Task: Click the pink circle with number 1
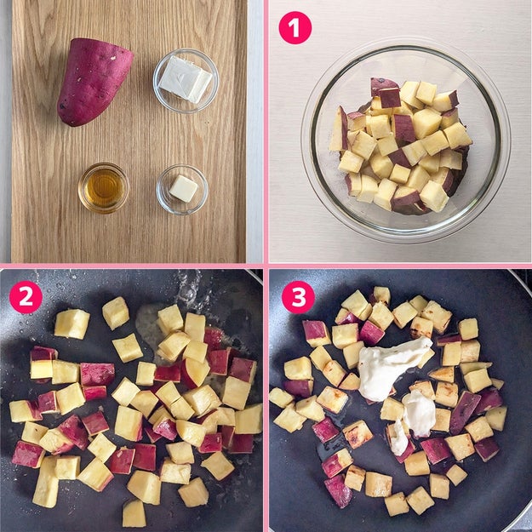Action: click(x=295, y=27)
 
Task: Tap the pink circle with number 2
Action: click(x=26, y=296)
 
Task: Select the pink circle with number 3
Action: click(x=299, y=297)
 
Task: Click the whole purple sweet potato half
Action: click(x=94, y=82)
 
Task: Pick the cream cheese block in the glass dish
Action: click(x=186, y=79)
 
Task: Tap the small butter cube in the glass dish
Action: click(x=183, y=188)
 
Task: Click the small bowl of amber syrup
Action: click(x=104, y=187)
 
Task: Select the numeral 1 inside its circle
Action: click(x=295, y=28)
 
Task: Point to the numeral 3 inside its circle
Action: click(x=299, y=297)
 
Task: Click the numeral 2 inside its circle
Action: click(x=26, y=297)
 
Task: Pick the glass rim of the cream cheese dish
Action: click(x=186, y=50)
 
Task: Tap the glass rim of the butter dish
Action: click(x=182, y=166)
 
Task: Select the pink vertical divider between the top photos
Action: click(x=266, y=131)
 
